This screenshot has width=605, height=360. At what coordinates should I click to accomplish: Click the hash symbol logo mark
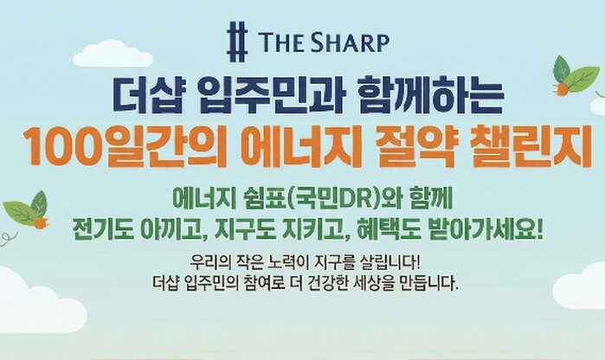pyautogui.click(x=236, y=42)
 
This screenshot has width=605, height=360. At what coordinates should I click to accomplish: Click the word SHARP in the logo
pyautogui.click(x=351, y=42)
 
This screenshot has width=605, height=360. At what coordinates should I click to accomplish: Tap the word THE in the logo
pyautogui.click(x=281, y=42)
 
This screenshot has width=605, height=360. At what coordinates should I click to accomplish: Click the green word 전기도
pyautogui.click(x=103, y=230)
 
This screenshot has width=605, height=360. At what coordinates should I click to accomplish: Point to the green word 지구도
pyautogui.click(x=245, y=230)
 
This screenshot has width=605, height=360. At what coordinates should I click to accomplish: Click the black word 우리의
pyautogui.click(x=209, y=264)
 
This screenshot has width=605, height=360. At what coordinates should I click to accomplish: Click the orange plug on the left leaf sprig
pyautogui.click(x=41, y=223)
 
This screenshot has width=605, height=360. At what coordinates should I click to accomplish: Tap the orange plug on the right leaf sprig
pyautogui.click(x=562, y=88)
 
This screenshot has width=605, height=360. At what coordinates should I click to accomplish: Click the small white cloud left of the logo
pyautogui.click(x=113, y=54)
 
